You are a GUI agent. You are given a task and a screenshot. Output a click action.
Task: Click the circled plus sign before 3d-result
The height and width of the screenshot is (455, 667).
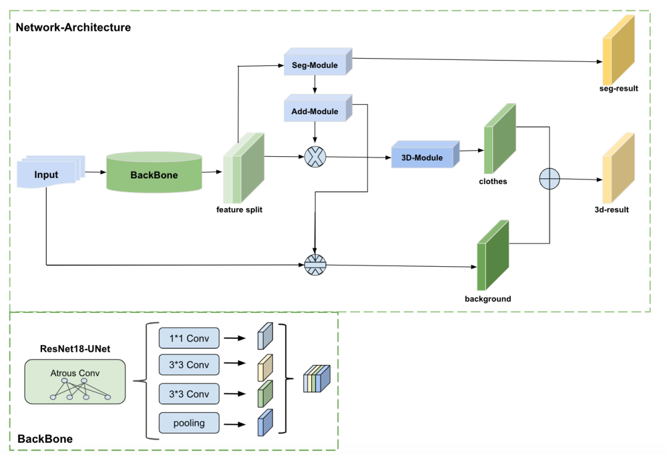pyautogui.click(x=549, y=178)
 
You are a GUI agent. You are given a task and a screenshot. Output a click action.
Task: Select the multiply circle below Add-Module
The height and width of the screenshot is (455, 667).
pyautogui.click(x=315, y=157)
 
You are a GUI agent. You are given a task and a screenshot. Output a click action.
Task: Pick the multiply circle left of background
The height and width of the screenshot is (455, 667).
pyautogui.click(x=316, y=266)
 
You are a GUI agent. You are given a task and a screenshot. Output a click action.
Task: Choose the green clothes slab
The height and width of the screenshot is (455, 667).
pyautogui.click(x=500, y=138)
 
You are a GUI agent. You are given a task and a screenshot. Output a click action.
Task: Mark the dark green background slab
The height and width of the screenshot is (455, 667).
pyautogui.click(x=492, y=256)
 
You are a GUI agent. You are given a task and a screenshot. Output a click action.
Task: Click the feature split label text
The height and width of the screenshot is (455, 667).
pyautogui.click(x=239, y=210)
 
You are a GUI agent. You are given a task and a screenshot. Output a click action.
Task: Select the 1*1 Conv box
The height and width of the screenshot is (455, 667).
pyautogui.click(x=189, y=338)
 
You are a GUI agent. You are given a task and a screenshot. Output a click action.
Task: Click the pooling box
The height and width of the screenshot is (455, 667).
pyautogui.click(x=189, y=423)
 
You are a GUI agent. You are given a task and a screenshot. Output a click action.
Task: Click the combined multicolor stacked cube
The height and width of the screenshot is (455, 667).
pyautogui.click(x=316, y=379)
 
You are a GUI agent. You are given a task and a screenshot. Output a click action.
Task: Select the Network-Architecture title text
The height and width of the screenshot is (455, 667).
pyautogui.click(x=73, y=27)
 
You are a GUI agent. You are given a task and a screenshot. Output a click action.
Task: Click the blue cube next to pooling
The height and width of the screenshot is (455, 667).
pyautogui.click(x=264, y=423)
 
